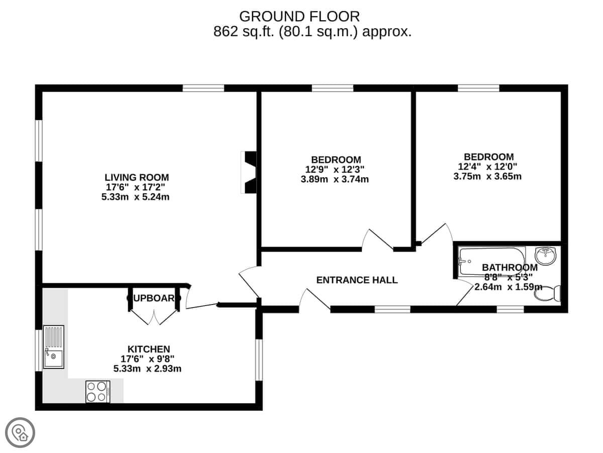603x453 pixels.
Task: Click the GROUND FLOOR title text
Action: [299, 16]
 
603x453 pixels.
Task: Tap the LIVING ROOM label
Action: [137, 177]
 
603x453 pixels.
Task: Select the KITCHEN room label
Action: [148, 349]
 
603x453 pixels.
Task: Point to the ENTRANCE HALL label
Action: [357, 280]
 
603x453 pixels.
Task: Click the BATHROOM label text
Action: [510, 267]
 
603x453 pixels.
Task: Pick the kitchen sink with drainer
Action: [53, 347]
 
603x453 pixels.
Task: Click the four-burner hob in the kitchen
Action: [97, 392]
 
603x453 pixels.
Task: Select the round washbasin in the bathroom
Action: [545, 255]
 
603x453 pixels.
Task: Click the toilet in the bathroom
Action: [548, 293]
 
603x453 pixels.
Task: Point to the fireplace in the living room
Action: [249, 172]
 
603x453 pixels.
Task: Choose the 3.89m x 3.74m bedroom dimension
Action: [335, 179]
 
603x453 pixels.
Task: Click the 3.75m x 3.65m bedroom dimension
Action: [487, 176]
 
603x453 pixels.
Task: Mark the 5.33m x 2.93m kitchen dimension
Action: [147, 368]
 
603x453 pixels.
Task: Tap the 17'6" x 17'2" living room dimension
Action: [136, 187]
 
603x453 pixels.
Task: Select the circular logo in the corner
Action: [20, 432]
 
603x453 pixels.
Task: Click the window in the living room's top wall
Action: [203, 88]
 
